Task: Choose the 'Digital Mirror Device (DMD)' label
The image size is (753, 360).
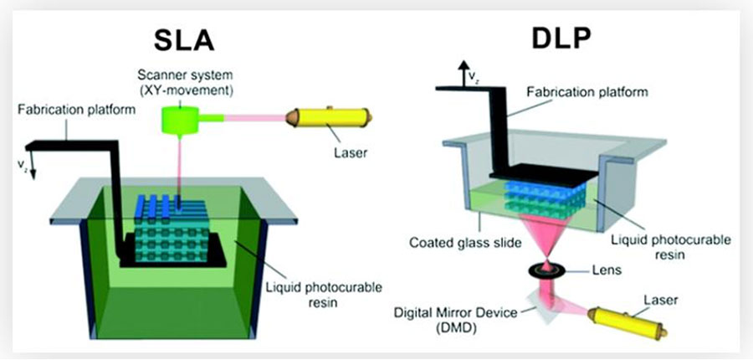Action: (447, 317)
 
